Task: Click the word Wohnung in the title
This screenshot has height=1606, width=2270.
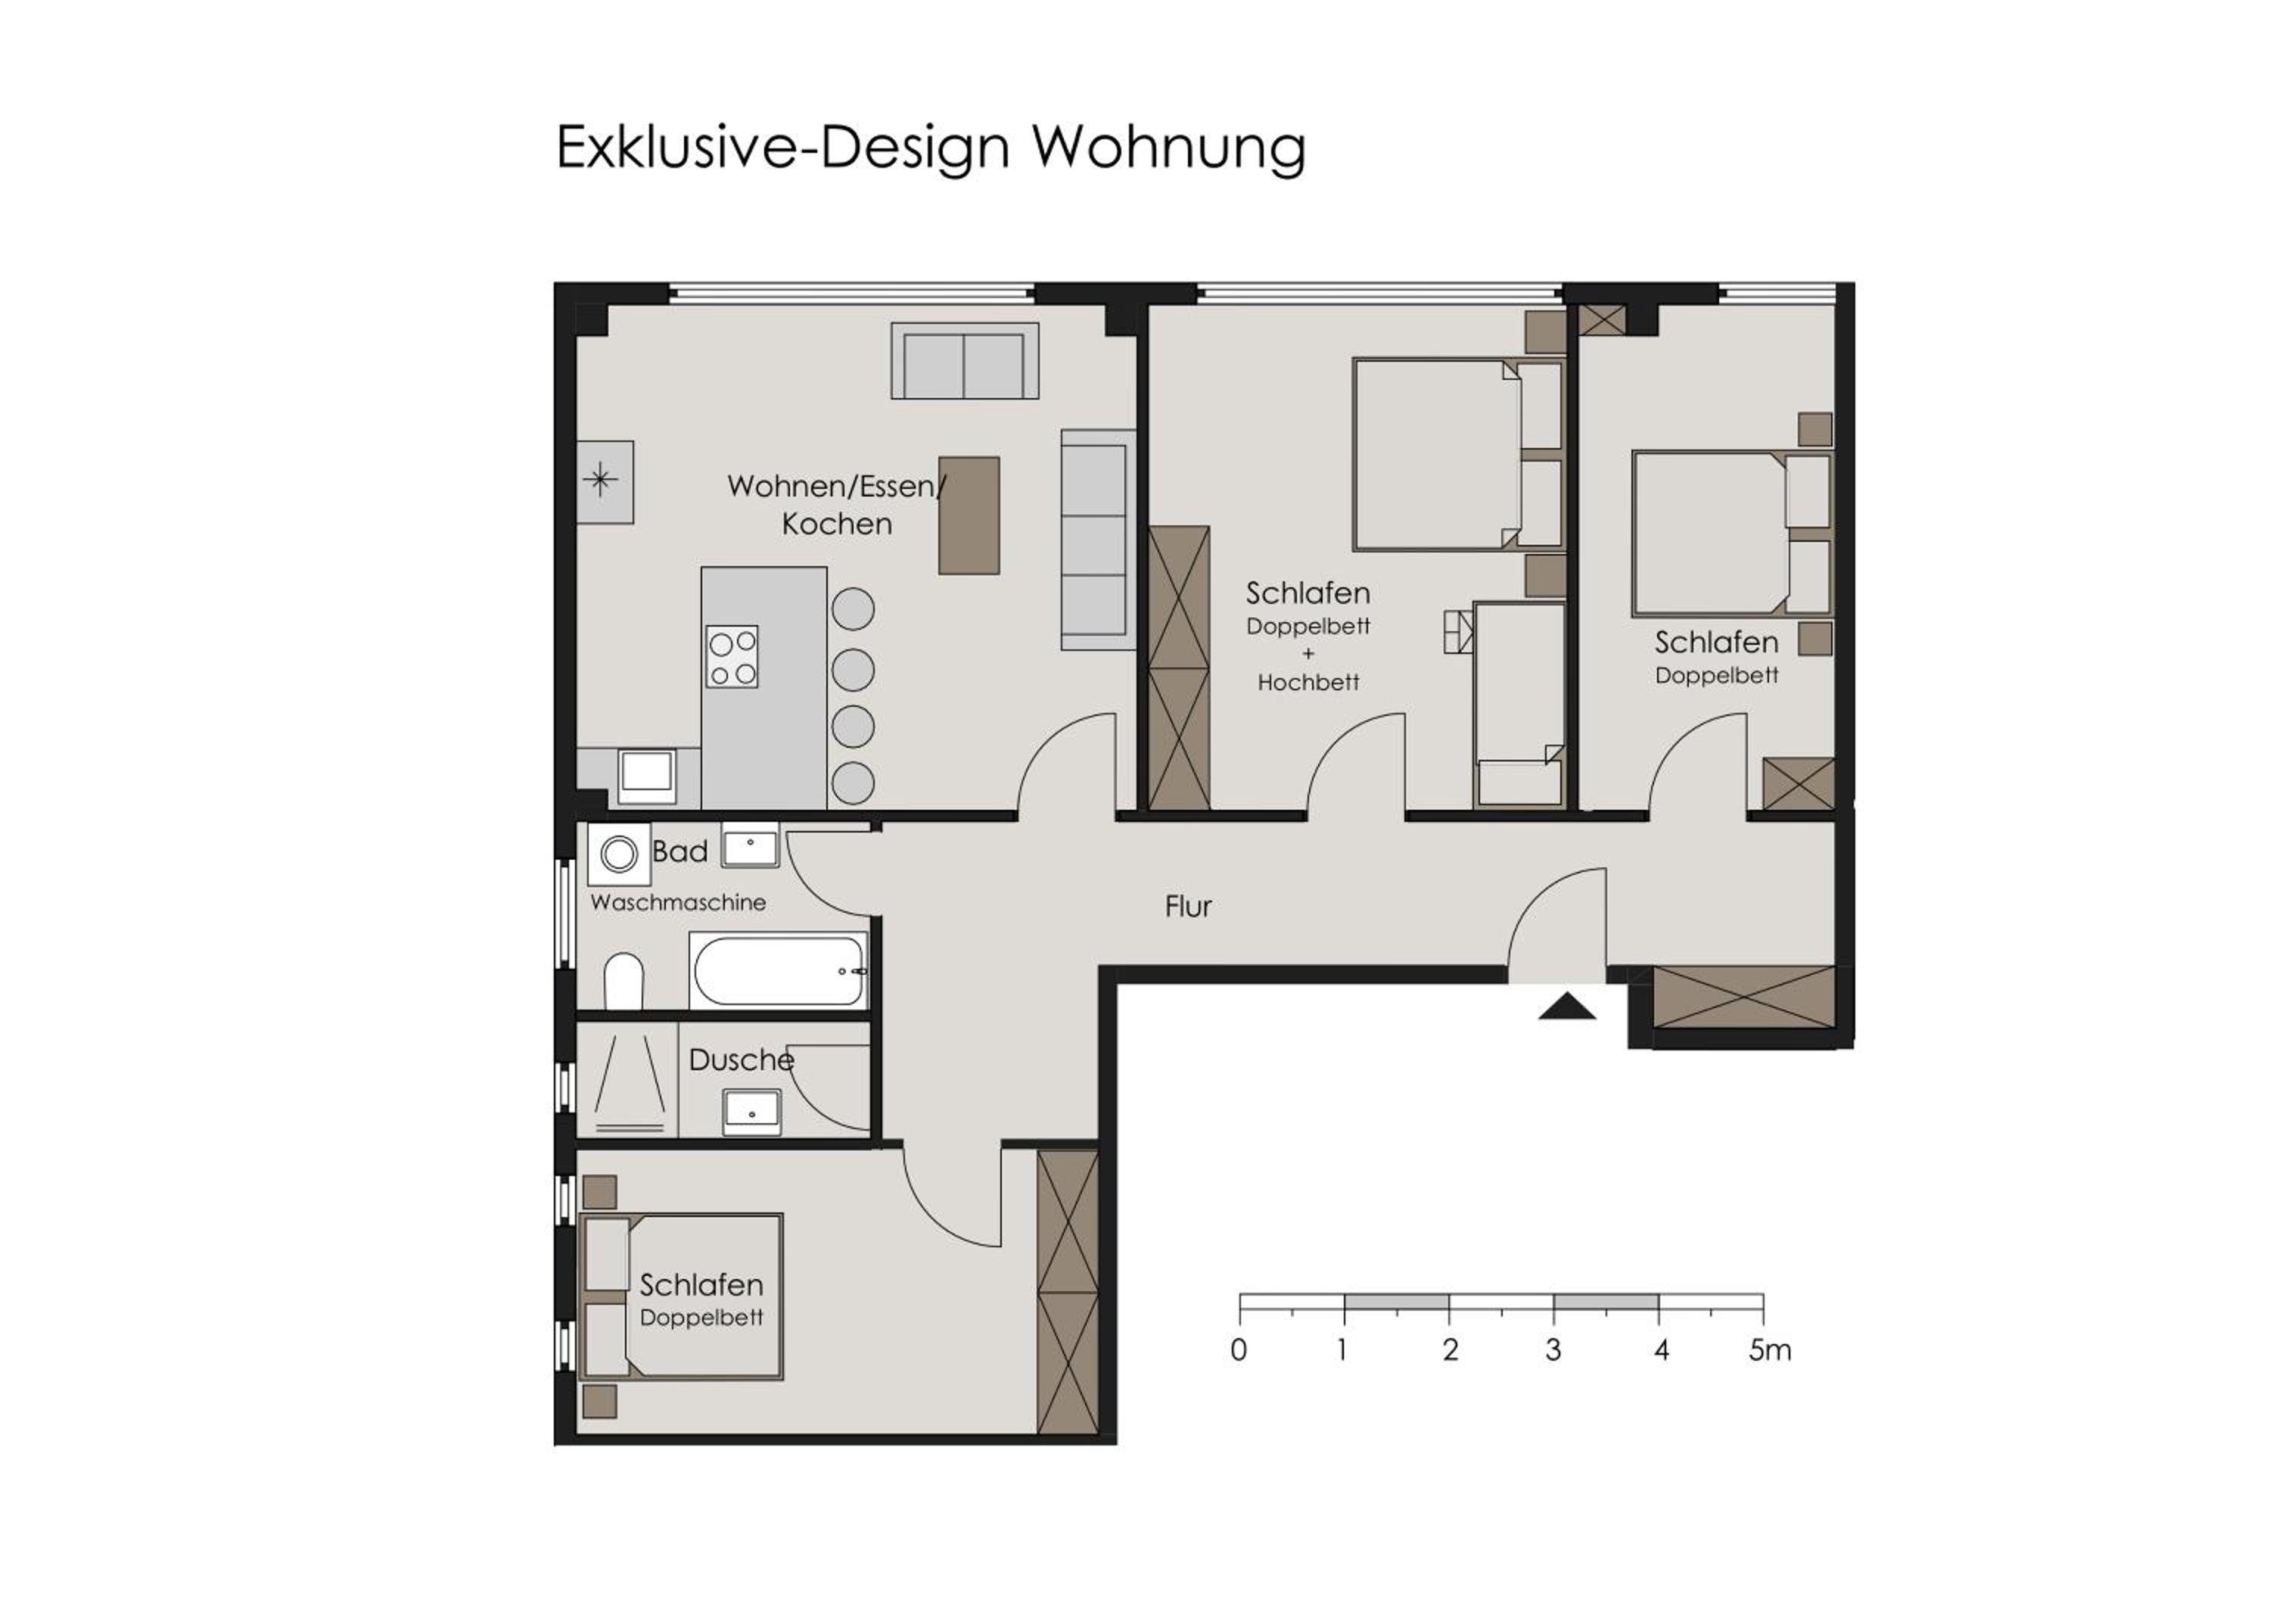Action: click(1170, 148)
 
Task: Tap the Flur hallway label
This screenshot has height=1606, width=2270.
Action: click(1187, 907)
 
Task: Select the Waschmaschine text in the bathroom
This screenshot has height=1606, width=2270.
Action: click(678, 903)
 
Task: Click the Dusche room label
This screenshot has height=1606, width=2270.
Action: click(742, 1060)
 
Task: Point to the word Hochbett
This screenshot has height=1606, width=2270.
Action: click(1308, 683)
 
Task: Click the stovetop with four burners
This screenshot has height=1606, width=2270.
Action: click(732, 657)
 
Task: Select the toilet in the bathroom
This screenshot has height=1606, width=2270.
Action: click(623, 981)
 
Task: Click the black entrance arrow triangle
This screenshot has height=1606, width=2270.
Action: click(1567, 1007)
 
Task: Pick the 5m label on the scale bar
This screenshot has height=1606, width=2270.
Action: click(1770, 1350)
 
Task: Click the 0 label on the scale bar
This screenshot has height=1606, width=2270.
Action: click(1239, 1350)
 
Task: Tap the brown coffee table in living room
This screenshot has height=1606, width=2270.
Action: click(969, 515)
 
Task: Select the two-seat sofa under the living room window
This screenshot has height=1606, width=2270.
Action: click(964, 361)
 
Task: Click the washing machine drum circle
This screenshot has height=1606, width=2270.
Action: click(620, 854)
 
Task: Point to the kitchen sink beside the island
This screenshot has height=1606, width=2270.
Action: click(647, 777)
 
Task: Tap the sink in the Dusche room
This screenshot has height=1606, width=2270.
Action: click(752, 1112)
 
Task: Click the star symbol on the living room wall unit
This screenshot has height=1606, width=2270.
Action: click(600, 481)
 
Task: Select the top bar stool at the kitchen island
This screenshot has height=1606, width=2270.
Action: click(854, 609)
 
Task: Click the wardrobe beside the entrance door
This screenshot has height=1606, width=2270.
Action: click(1744, 997)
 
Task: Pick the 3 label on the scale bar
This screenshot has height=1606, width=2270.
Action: click(1553, 1350)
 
